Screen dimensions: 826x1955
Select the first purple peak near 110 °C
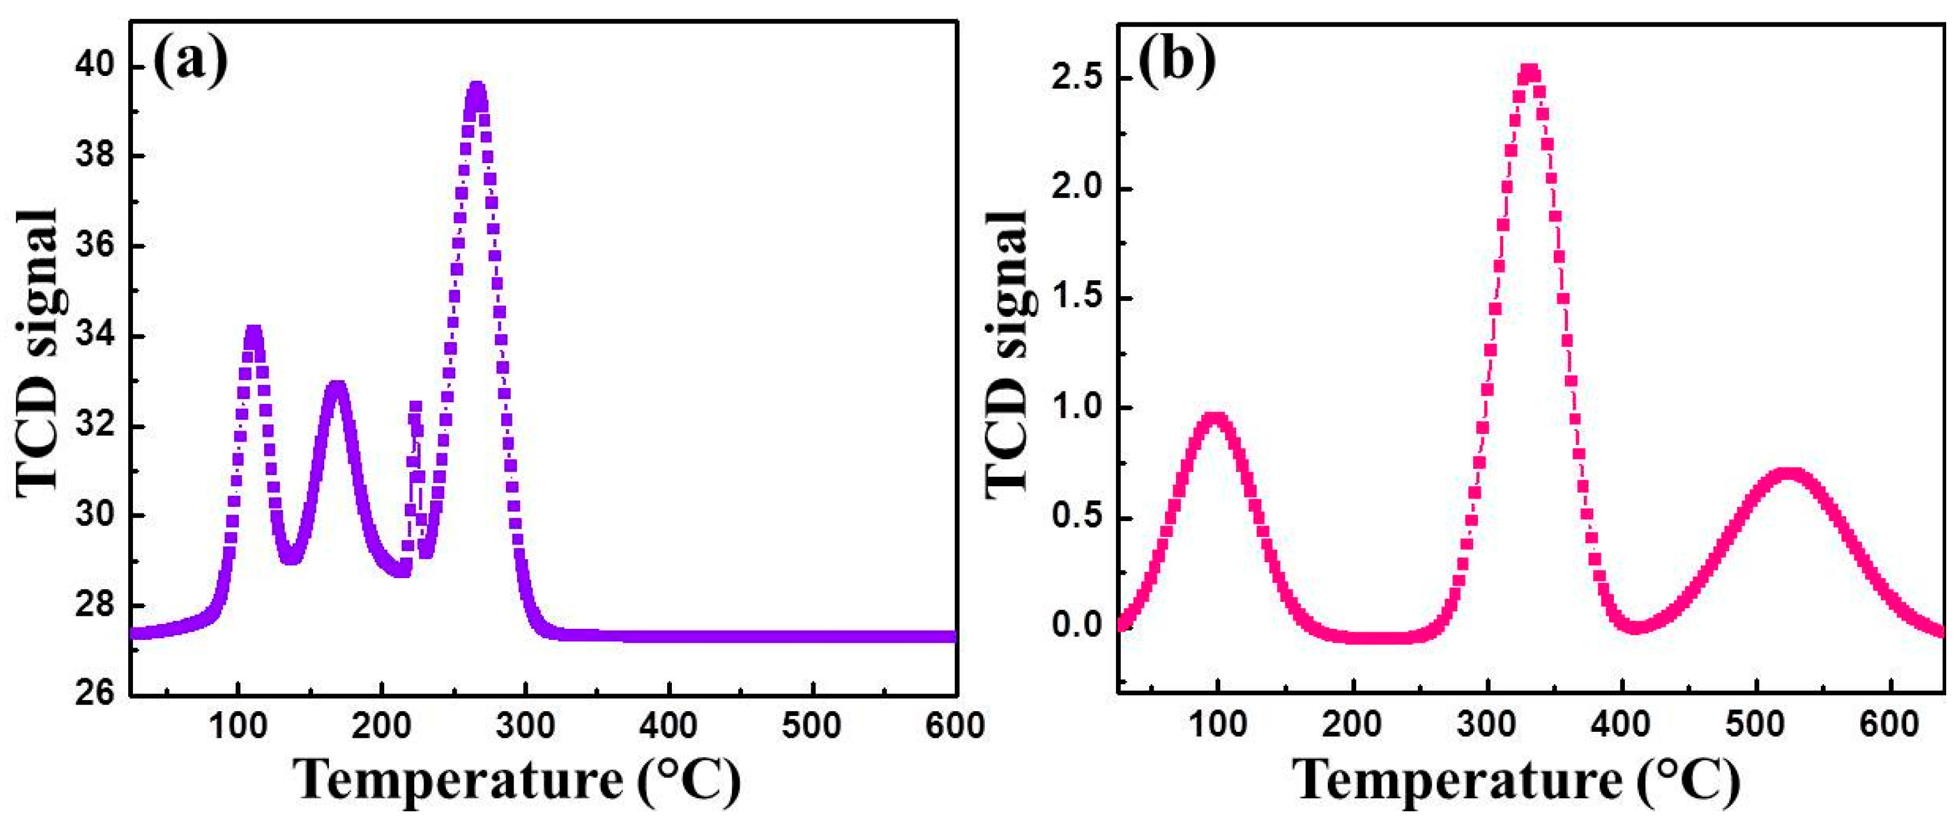pos(254,332)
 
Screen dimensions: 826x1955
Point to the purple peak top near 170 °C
pos(337,386)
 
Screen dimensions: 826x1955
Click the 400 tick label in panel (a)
pos(668,726)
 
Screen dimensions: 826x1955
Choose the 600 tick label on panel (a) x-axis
pos(955,726)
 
